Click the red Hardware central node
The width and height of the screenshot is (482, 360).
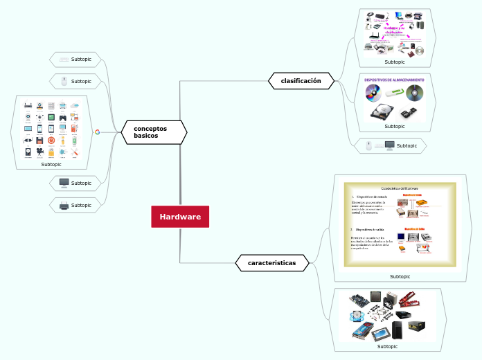(180, 217)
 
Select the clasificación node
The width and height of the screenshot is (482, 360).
(301, 81)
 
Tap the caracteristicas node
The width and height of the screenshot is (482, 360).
(271, 263)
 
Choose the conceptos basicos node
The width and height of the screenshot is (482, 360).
(154, 132)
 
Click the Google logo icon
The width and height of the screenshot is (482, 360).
(97, 132)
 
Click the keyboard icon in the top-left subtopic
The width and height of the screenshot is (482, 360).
(64, 60)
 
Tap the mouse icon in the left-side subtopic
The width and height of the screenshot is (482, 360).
(64, 82)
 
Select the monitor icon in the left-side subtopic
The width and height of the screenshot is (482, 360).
(64, 183)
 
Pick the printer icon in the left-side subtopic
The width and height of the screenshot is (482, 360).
(64, 206)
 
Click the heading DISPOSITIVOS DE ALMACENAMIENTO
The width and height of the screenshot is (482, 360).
(394, 80)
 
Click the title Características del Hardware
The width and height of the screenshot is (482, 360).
(400, 188)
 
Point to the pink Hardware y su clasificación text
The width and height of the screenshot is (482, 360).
(393, 30)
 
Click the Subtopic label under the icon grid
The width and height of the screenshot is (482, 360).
(51, 164)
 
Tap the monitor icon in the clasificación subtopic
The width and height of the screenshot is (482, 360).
(389, 145)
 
